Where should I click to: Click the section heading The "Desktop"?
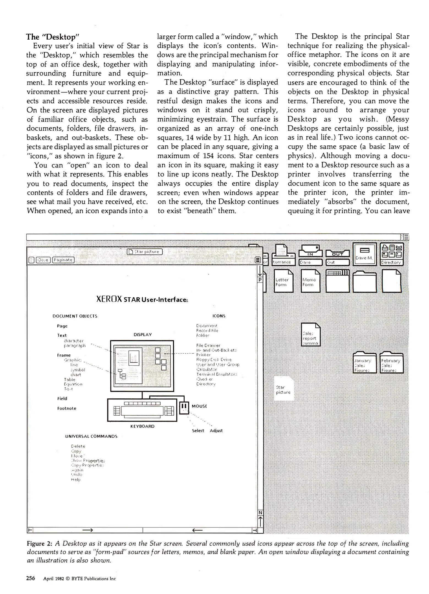53,37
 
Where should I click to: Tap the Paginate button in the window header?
63,260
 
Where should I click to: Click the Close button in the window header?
43,260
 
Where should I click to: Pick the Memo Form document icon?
310,281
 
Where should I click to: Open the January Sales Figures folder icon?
365,363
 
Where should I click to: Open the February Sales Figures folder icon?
391,363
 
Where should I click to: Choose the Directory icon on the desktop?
392,254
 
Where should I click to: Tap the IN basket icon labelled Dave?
310,255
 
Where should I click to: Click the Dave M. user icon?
365,254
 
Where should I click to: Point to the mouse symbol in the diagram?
184,408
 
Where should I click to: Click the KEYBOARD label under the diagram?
142,426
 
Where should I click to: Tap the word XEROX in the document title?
109,299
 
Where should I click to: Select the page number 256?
31,578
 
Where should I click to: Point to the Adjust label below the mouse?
216,431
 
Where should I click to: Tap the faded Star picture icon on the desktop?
283,389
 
